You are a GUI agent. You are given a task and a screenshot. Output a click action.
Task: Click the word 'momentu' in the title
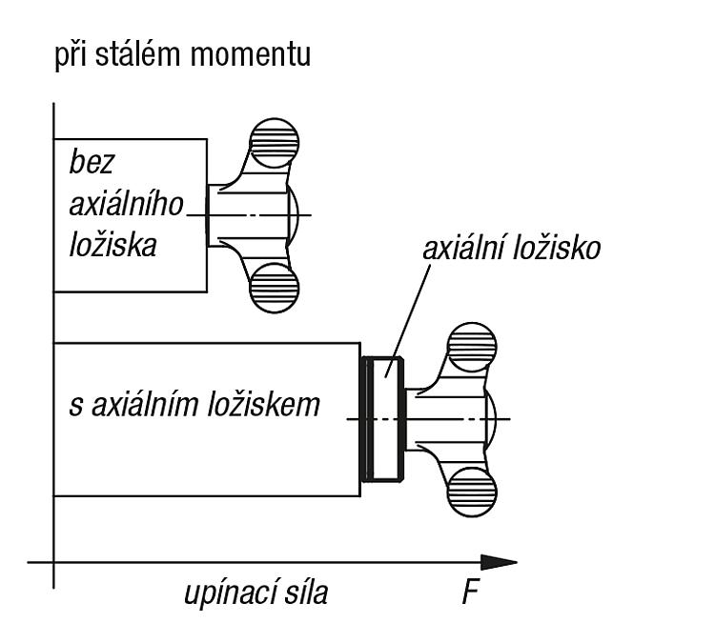tap(251, 55)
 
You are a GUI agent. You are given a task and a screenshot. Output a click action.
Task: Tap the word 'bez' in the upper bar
tap(91, 162)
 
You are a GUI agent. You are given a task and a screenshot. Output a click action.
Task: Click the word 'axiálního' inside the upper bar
tap(126, 204)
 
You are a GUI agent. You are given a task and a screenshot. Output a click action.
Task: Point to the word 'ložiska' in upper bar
tap(113, 245)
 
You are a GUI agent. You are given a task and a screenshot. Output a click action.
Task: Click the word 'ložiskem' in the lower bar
tap(264, 404)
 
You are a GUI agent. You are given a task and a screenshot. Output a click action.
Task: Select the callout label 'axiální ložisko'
tap(511, 249)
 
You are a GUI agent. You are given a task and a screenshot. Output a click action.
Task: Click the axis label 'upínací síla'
tap(255, 593)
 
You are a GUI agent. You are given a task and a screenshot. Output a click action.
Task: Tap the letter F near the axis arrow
tap(470, 593)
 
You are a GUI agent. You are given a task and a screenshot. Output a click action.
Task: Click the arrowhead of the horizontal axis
tap(499, 562)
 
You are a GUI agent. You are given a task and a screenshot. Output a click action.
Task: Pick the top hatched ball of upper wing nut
tap(274, 143)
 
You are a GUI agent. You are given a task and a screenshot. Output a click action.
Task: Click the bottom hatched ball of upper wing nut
tap(274, 288)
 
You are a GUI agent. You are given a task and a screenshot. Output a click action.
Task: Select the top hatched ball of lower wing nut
tap(472, 348)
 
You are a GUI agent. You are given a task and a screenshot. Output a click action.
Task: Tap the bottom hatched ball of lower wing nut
tap(472, 492)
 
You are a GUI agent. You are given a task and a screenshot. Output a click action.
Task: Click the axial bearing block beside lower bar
tap(382, 419)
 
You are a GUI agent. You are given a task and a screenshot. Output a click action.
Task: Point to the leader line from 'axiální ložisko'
tap(409, 321)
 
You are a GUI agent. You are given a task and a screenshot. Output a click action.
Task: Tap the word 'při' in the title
tap(71, 55)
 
